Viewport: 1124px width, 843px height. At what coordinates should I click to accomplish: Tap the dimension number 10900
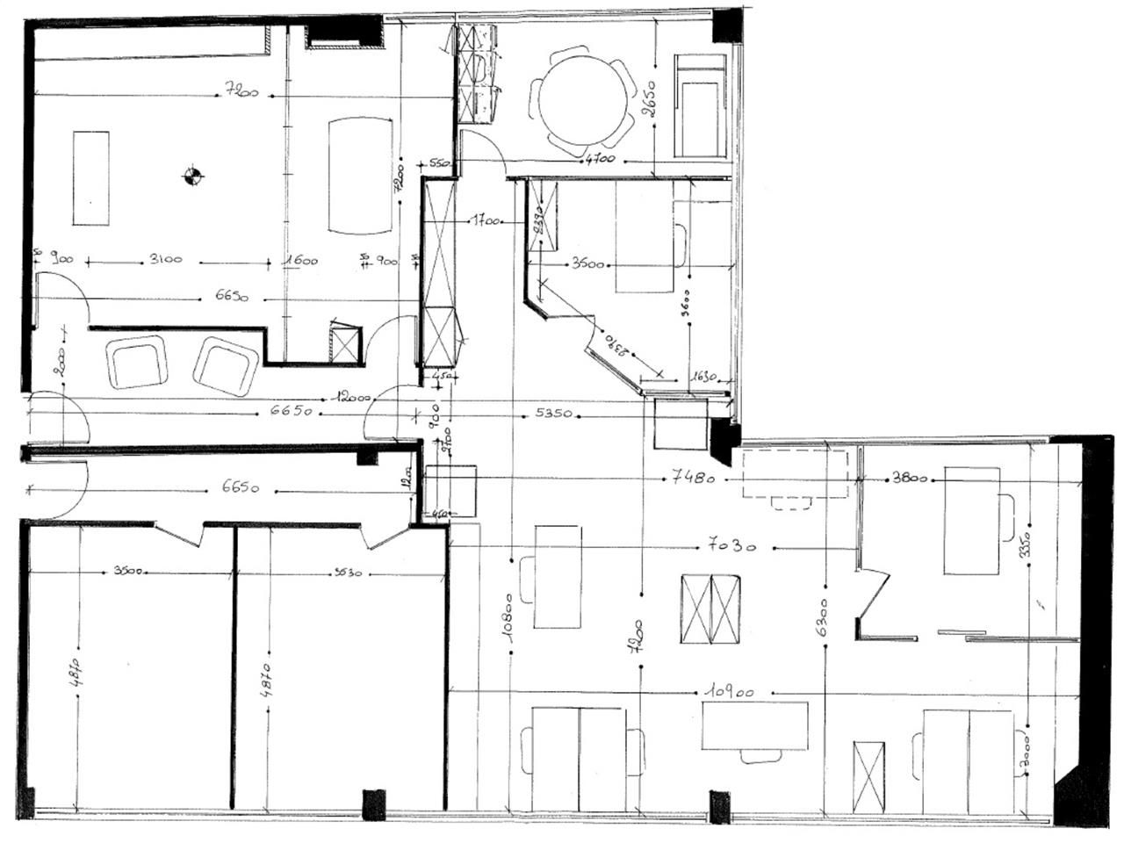[x=727, y=692]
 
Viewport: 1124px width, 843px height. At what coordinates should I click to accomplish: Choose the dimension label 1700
[x=485, y=221]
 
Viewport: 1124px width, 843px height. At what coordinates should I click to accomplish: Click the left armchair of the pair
[x=136, y=363]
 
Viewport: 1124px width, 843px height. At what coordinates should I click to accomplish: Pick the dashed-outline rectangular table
[x=795, y=474]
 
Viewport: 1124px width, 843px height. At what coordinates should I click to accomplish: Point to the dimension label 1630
[x=703, y=377]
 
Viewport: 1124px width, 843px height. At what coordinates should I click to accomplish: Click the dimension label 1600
[x=299, y=260]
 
